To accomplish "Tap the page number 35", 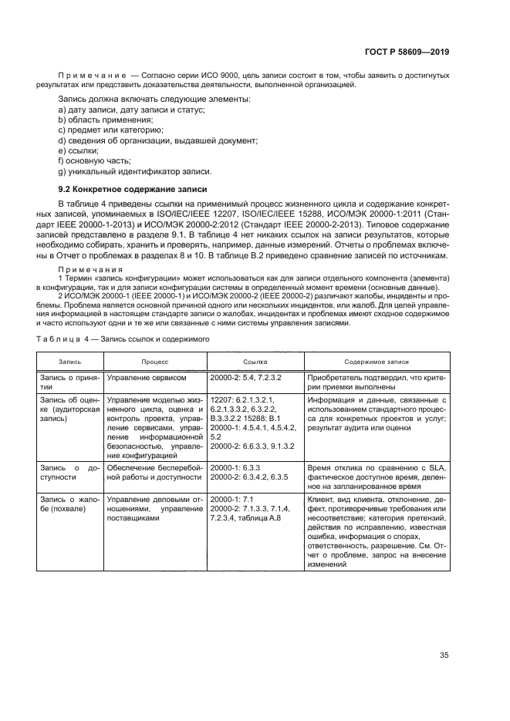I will (x=444, y=655).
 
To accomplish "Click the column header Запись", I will (x=69, y=361).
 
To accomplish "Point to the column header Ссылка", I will (x=254, y=361).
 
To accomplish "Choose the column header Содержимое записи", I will (x=377, y=361).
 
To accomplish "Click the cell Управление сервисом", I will (x=146, y=378).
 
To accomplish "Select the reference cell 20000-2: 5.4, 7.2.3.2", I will (x=245, y=378).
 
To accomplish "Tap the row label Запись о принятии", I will (x=69, y=382).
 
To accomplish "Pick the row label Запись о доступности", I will (x=69, y=473).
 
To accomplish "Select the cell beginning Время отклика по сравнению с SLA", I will (x=377, y=477).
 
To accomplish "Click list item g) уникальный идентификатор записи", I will (x=134, y=170).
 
